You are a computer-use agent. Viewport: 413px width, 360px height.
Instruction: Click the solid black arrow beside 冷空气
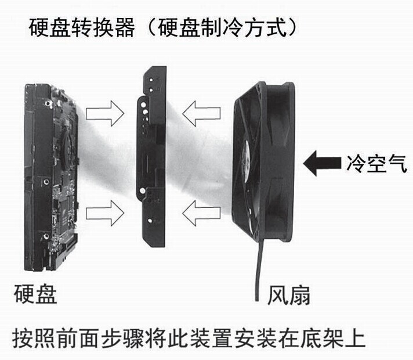click(321, 163)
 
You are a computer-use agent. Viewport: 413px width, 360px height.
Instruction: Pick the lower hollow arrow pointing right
click(104, 214)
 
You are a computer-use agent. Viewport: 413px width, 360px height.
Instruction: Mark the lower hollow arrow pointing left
click(202, 214)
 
